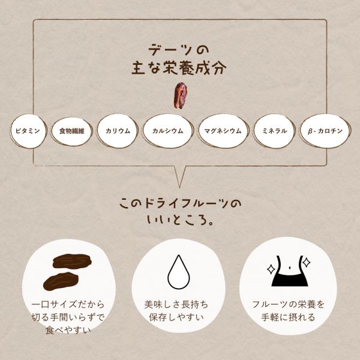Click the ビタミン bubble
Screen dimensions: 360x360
point(28,131)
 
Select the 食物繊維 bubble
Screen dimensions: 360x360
point(71,131)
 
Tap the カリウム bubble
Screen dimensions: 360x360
point(118,131)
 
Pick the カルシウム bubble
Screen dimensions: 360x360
point(168,131)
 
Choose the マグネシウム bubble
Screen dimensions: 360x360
point(223,131)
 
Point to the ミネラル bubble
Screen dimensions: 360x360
point(274,131)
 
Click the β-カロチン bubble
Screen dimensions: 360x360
point(325,131)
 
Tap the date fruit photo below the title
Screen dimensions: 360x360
point(180,95)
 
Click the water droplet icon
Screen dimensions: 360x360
point(179,272)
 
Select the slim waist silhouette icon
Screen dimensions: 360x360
point(290,271)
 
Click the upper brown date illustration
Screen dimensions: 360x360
point(72,262)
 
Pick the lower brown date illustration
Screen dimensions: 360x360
point(61,281)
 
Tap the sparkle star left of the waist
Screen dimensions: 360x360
point(271,269)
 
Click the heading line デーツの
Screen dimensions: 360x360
point(179,50)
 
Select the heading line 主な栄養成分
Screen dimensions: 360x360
point(179,68)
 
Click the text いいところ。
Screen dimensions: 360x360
point(181,220)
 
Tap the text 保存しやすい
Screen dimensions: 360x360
point(176,317)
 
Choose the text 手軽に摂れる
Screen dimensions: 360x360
point(288,317)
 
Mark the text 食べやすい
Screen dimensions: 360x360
point(68,330)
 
